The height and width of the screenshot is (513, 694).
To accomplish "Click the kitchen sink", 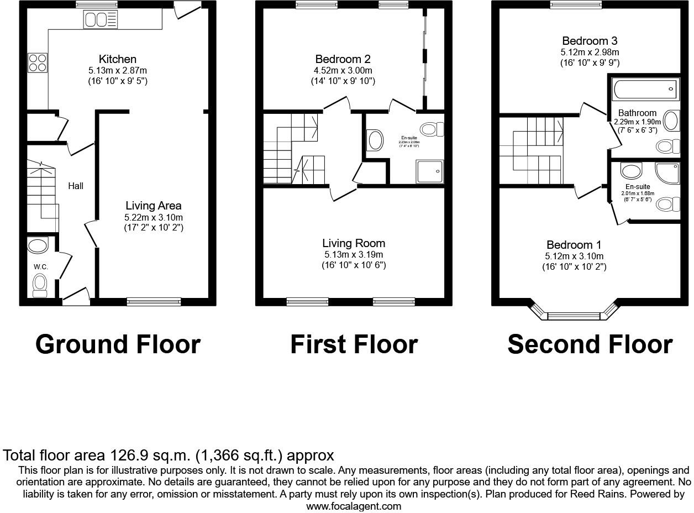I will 100,20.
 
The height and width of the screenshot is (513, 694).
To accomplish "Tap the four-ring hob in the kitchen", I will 37,62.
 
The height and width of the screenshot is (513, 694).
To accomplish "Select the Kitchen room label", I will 117,59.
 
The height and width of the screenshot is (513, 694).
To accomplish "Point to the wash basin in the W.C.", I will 38,245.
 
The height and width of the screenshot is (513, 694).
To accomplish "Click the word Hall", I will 76,186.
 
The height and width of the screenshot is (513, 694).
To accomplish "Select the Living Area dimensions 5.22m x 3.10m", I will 153,217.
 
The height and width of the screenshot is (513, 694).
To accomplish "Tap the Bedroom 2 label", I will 343,59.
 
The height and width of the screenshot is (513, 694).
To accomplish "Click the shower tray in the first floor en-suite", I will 429,171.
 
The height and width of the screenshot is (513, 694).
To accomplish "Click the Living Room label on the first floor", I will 354,243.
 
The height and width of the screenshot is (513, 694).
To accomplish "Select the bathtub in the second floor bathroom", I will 644,88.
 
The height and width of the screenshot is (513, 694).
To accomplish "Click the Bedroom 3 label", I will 590,41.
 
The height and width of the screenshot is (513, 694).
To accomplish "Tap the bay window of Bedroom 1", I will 573,316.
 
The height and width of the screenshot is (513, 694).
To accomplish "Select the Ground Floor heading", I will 118,344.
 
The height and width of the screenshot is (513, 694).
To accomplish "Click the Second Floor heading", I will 590,344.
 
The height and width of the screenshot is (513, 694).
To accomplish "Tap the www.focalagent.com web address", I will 354,506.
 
